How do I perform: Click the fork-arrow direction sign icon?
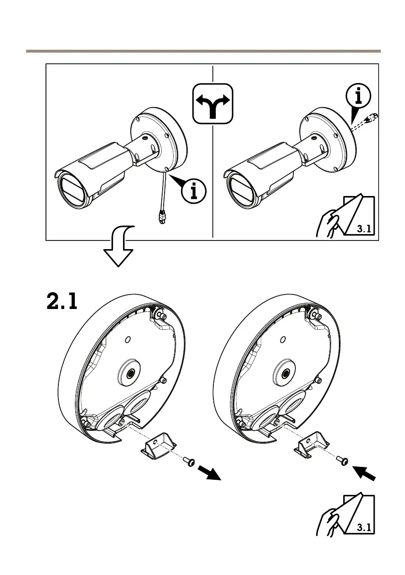[x=213, y=104]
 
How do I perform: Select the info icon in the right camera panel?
[x=358, y=98]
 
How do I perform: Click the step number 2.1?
[x=62, y=302]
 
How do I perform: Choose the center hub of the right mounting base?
[x=285, y=372]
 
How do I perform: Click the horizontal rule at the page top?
[x=203, y=51]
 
